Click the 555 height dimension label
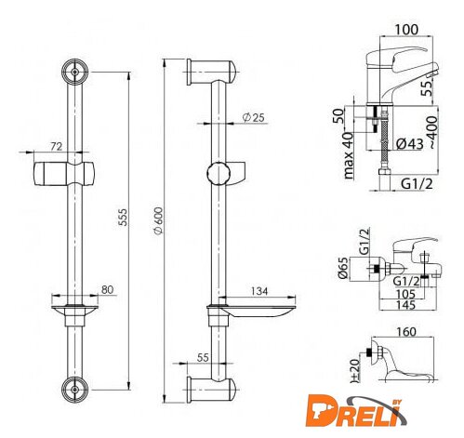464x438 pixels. [124, 217]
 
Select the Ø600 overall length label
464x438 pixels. [158, 220]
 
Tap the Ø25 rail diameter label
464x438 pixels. [254, 117]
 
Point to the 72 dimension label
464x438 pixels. [57, 146]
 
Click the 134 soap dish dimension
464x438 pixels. [259, 291]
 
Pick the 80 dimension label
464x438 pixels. [107, 289]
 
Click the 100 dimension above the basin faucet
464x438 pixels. [406, 30]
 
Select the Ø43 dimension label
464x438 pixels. [410, 143]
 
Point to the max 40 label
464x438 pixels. [349, 155]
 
